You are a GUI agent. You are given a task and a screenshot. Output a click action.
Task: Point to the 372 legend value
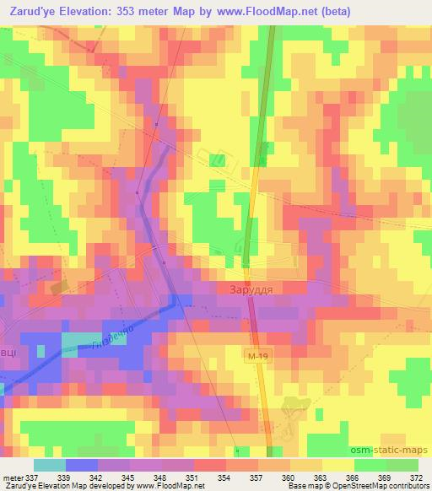417,478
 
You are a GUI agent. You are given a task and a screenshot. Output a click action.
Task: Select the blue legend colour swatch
81,465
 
